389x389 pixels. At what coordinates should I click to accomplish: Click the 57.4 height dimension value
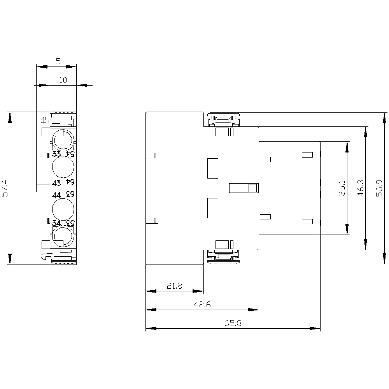(5, 188)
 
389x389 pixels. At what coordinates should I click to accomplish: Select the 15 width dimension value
(56, 61)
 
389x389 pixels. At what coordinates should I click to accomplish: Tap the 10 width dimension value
(63, 80)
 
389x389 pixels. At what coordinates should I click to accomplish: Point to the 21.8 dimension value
(174, 286)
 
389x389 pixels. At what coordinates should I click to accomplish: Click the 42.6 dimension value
(202, 305)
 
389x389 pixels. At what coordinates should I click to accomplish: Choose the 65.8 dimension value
(233, 323)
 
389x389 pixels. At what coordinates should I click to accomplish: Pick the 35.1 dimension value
(342, 188)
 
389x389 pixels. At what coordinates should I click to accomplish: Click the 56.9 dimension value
(379, 188)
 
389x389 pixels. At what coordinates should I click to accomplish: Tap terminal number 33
(56, 154)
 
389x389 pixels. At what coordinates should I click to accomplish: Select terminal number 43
(56, 183)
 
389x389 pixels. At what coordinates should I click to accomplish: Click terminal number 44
(56, 195)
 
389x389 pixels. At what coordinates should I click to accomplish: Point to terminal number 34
(56, 223)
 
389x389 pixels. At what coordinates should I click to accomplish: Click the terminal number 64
(70, 182)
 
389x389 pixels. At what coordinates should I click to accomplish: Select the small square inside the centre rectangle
(252, 188)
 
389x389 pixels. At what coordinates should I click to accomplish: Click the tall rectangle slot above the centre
(213, 168)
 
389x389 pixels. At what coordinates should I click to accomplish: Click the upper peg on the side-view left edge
(152, 156)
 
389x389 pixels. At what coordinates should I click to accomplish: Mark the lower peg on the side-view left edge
(152, 221)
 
